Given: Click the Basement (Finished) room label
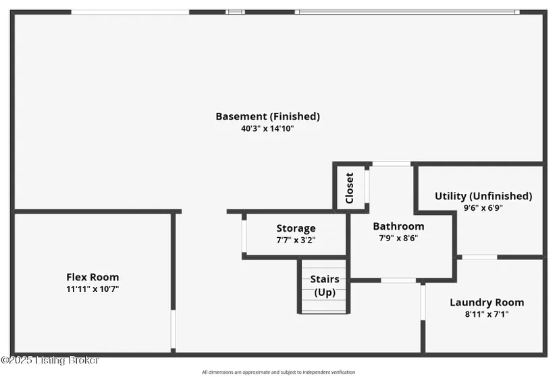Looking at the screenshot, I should pos(267,116).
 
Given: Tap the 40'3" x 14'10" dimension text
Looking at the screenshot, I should pos(267,128).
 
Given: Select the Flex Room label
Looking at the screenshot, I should pos(92,277).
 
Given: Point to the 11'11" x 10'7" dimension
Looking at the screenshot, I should pos(92,289).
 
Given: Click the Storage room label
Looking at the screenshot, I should pos(296,228).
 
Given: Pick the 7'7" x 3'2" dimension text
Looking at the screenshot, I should pos(296,240).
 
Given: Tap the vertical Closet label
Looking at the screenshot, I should pos(349,188).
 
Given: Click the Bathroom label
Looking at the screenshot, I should pos(398,226).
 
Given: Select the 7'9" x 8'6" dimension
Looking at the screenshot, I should pos(398,238).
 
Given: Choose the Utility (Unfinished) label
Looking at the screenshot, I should pos(483,196).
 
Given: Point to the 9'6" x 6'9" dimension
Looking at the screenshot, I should pos(483,208).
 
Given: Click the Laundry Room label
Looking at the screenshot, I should pos(487,302).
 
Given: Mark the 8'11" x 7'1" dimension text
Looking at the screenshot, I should pos(487,313).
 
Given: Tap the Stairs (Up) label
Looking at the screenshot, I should pos(325,286).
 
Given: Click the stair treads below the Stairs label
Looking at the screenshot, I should pos(324,305).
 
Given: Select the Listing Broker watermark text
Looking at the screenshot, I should pos(51,361).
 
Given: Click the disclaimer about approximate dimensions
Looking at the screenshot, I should pos(278,372).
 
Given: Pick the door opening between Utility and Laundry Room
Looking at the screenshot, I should pos(479,257).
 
